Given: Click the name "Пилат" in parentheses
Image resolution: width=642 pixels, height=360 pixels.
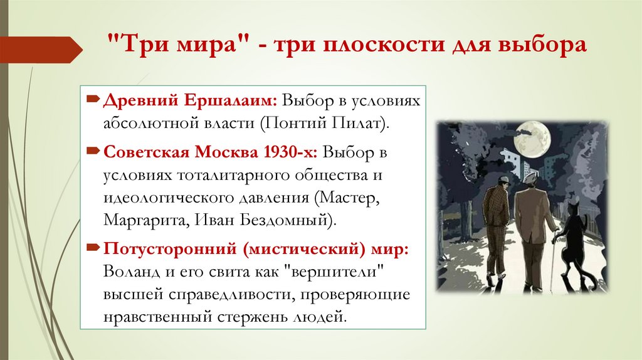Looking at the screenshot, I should coord(367,123).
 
